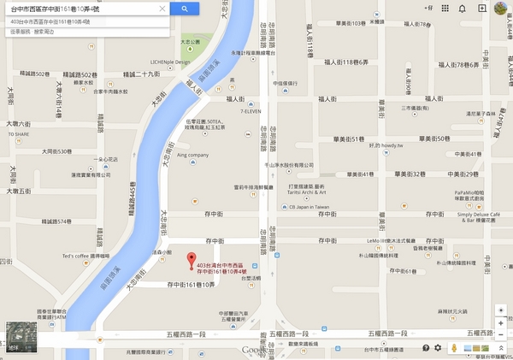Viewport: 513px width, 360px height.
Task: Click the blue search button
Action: click(x=184, y=9)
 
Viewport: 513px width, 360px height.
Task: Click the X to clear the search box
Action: click(x=162, y=9)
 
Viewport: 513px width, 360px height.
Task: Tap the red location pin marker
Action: click(x=191, y=259)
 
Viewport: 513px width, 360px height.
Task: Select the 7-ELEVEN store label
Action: click(x=251, y=111)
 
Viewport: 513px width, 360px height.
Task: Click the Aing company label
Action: click(x=192, y=155)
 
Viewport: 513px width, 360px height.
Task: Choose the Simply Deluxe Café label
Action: click(x=480, y=215)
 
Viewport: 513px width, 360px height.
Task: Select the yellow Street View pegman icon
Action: click(x=454, y=348)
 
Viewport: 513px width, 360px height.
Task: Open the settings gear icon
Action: click(x=439, y=348)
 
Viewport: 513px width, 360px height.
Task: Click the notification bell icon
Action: click(x=463, y=9)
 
